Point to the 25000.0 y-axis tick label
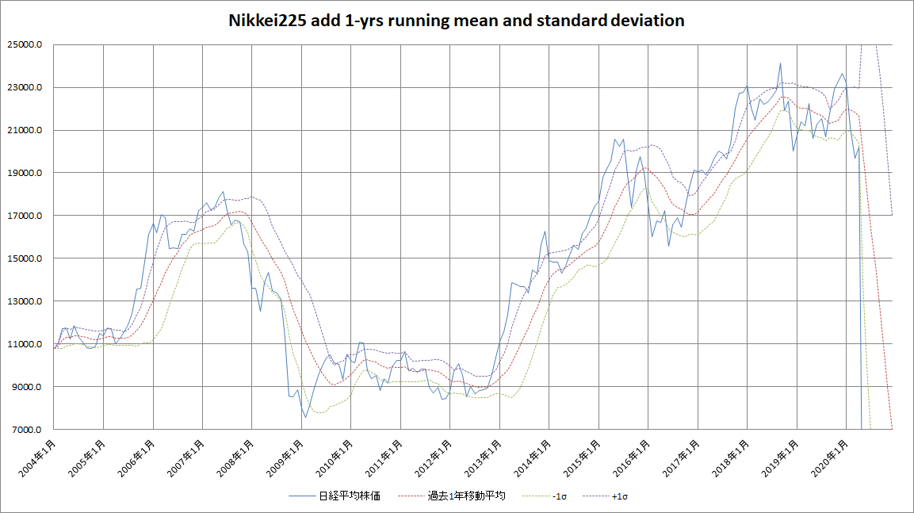(x=25, y=45)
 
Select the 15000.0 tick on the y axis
(x=25, y=258)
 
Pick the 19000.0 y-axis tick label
(x=25, y=173)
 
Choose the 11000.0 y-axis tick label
(x=25, y=344)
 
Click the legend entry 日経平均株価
(x=350, y=496)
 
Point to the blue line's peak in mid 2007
(x=224, y=191)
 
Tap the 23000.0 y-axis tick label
(x=25, y=88)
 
